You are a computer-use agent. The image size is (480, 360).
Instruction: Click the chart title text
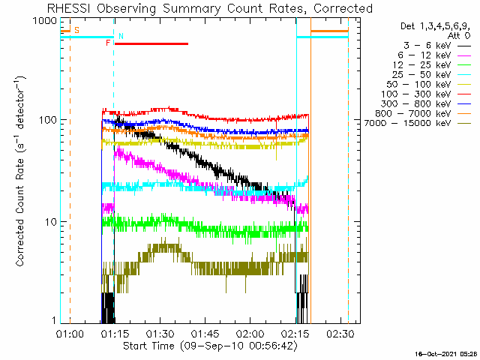pyautogui.click(x=210, y=8)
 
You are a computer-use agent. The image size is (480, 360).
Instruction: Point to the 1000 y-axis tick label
pyautogui.click(x=46, y=20)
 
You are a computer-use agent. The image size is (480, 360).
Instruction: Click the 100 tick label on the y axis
pyautogui.click(x=48, y=120)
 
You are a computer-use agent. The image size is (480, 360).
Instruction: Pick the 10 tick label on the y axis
pyautogui.click(x=51, y=222)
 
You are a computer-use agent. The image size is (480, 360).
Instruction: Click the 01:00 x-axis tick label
pyautogui.click(x=70, y=333)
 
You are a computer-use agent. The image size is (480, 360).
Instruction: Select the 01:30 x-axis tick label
pyautogui.click(x=160, y=333)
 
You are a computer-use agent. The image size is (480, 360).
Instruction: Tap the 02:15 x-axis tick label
pyautogui.click(x=295, y=333)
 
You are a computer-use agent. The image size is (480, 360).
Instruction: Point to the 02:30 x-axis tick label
pyautogui.click(x=340, y=333)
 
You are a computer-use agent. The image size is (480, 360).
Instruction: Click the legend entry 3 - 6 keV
pyautogui.click(x=436, y=46)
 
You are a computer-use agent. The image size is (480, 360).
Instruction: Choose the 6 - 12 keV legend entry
pyautogui.click(x=434, y=55)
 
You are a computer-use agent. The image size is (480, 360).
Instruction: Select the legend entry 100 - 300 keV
pyautogui.click(x=425, y=94)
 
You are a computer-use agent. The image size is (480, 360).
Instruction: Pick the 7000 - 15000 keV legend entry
pyautogui.click(x=417, y=123)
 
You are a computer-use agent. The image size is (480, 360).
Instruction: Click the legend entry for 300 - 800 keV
pyautogui.click(x=425, y=104)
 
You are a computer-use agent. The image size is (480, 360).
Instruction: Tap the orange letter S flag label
pyautogui.click(x=76, y=30)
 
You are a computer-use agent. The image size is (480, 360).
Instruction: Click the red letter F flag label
pyautogui.click(x=108, y=43)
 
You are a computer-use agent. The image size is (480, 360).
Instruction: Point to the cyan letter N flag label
pyautogui.click(x=121, y=37)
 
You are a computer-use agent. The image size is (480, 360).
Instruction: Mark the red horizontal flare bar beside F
pyautogui.click(x=151, y=43)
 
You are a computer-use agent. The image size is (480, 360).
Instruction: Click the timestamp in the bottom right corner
pyautogui.click(x=447, y=354)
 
